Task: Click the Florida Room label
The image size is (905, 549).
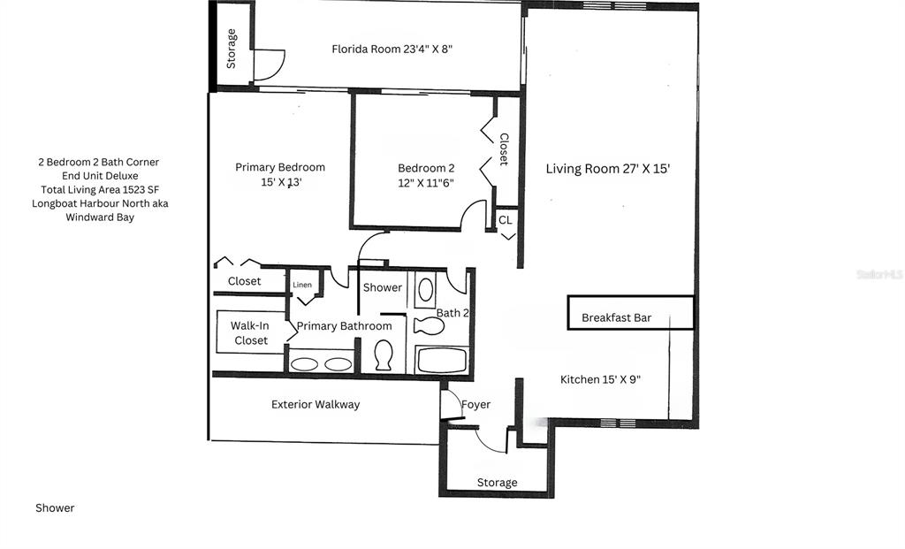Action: tap(392, 50)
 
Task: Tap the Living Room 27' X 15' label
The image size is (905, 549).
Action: tap(608, 169)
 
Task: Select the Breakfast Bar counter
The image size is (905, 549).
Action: tap(630, 313)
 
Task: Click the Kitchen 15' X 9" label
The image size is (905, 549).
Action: tap(600, 379)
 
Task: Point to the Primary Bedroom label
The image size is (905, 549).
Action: tap(280, 174)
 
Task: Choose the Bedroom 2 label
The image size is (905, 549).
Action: tap(426, 176)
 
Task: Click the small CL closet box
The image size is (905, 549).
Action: tap(506, 220)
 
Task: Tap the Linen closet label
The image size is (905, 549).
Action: tap(302, 285)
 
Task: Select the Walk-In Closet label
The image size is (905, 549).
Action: tap(250, 333)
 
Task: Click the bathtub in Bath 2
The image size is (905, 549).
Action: tap(442, 360)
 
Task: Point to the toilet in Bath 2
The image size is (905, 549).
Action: tap(429, 326)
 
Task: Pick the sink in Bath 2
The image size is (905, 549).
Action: tap(425, 290)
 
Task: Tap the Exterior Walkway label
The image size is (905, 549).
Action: tap(316, 405)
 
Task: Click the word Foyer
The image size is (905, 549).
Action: tap(476, 405)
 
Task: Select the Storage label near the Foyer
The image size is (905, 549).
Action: tap(497, 483)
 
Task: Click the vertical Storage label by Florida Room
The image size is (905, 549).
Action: tap(232, 49)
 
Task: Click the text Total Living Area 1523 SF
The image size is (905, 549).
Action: tap(100, 189)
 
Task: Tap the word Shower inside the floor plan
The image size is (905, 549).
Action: tap(383, 287)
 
